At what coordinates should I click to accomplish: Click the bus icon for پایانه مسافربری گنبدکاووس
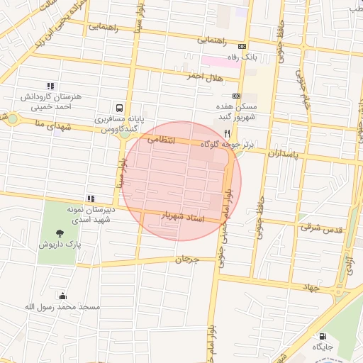point(121,108)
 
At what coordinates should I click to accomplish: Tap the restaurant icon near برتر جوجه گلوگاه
point(227,133)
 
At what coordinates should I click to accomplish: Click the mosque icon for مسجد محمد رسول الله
point(63,296)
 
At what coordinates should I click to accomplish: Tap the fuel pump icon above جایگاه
point(323,337)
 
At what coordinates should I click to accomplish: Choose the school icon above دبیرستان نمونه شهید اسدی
point(90,199)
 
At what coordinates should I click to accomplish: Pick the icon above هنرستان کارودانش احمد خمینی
point(50,85)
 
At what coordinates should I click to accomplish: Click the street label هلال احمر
point(206,76)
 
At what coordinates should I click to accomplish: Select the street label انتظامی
point(161,140)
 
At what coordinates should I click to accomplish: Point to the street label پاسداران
point(286,152)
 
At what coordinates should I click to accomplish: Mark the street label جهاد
point(311,287)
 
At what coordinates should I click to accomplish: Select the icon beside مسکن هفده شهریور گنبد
point(237,96)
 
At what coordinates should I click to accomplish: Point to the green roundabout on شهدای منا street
point(11,118)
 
